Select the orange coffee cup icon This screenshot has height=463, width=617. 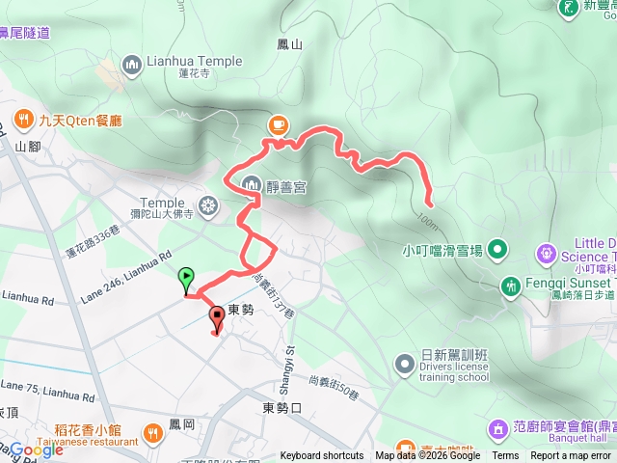(x=278, y=123)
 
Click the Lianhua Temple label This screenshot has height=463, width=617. (x=194, y=63)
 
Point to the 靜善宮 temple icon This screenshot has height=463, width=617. (x=251, y=183)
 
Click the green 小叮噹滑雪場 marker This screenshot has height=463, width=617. (x=497, y=250)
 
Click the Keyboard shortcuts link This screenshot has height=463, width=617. (x=322, y=456)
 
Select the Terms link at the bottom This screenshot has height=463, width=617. (x=505, y=456)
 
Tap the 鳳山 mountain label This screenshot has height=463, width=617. (x=289, y=44)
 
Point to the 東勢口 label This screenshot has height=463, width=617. (x=282, y=408)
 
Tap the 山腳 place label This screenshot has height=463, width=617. (x=27, y=147)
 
